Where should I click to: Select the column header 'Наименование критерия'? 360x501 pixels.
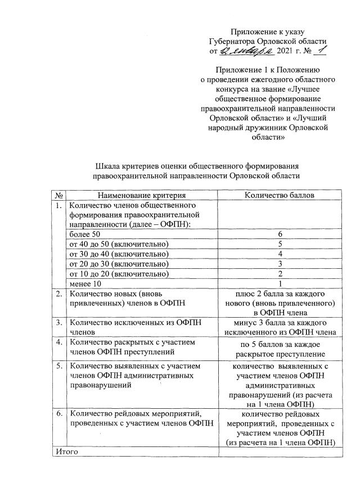[x=141, y=195]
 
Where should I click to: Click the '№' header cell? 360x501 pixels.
[x=59, y=195]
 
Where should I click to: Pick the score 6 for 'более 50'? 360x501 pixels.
[x=279, y=233]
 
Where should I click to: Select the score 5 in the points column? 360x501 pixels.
[x=279, y=243]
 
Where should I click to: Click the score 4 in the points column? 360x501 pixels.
[x=279, y=254]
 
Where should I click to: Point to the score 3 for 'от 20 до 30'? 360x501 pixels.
[x=279, y=264]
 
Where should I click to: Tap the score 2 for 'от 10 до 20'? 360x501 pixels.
[x=279, y=274]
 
